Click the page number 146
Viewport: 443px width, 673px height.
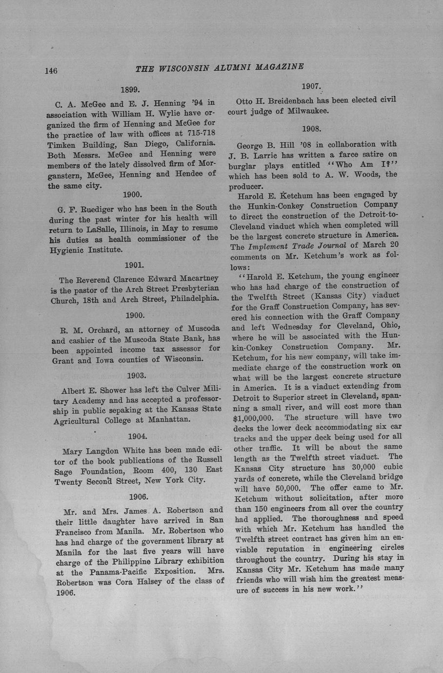click(51, 71)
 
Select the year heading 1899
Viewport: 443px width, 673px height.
click(130, 90)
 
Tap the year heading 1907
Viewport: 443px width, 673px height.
click(311, 86)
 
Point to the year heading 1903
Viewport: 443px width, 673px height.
click(137, 376)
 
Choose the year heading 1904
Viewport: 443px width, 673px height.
click(137, 436)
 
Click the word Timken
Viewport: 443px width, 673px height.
click(63, 144)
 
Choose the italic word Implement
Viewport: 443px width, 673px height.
click(271, 246)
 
